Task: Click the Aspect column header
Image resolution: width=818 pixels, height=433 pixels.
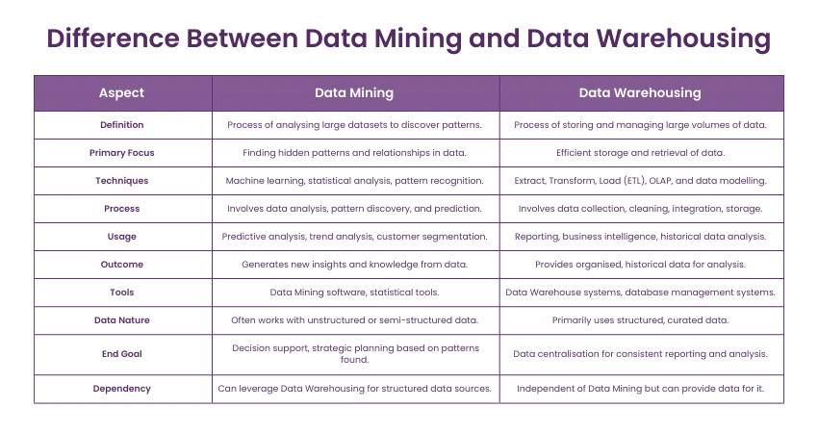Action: (x=121, y=93)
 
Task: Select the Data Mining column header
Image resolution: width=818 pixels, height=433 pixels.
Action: (x=354, y=93)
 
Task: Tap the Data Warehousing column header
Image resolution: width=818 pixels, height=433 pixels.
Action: (x=640, y=93)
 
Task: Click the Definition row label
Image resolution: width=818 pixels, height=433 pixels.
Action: (x=121, y=124)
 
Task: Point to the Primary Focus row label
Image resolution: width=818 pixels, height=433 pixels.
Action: (x=121, y=152)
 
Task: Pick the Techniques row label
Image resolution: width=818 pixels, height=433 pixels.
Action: (x=121, y=180)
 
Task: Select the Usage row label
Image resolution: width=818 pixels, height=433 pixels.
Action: (x=121, y=236)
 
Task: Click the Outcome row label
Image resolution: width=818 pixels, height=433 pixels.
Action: (x=121, y=264)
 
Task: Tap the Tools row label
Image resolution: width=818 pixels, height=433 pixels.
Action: (x=121, y=292)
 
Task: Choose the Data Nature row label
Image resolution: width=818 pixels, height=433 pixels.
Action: (x=121, y=319)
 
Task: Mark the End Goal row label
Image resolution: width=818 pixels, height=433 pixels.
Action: (x=121, y=353)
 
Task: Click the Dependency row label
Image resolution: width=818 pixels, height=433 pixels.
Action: (x=121, y=388)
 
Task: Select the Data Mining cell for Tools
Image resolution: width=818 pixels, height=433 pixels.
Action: (x=354, y=292)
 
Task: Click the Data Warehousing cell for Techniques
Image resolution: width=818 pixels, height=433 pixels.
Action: (x=640, y=180)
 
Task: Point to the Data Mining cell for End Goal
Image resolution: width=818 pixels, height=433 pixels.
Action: (x=354, y=353)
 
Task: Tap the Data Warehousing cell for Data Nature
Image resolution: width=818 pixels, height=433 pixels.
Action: (x=640, y=319)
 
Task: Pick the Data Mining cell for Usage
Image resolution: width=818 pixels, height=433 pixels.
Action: (x=354, y=236)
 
